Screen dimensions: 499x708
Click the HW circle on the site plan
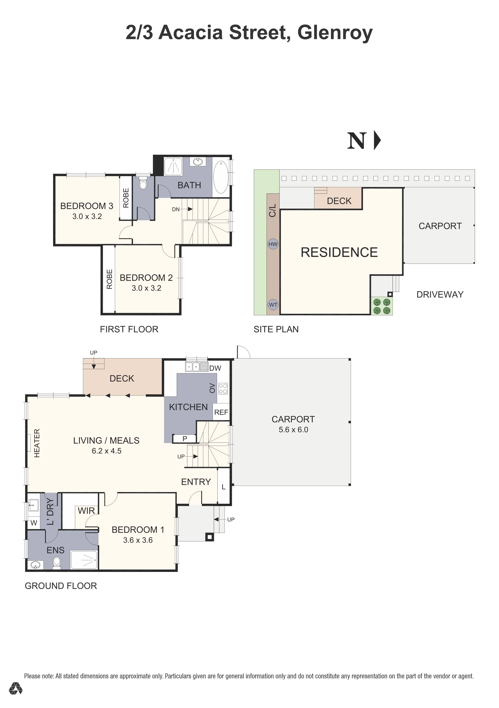pyautogui.click(x=273, y=244)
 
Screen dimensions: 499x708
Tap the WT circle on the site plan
pyautogui.click(x=273, y=305)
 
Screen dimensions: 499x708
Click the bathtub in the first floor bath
pyautogui.click(x=221, y=177)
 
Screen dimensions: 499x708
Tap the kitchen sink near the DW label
pyautogui.click(x=197, y=367)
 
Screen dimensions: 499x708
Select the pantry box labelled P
pyautogui.click(x=184, y=438)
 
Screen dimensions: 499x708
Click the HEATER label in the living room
pyautogui.click(x=37, y=443)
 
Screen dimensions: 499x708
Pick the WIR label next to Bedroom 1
pyautogui.click(x=86, y=511)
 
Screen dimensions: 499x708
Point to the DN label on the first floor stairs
pyautogui.click(x=176, y=209)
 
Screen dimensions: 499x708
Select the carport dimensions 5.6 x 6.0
pyautogui.click(x=293, y=430)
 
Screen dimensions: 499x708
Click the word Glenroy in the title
pyautogui.click(x=335, y=33)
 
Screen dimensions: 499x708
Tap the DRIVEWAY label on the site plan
pyautogui.click(x=440, y=294)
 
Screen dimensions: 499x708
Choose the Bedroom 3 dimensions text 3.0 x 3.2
pyautogui.click(x=87, y=216)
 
